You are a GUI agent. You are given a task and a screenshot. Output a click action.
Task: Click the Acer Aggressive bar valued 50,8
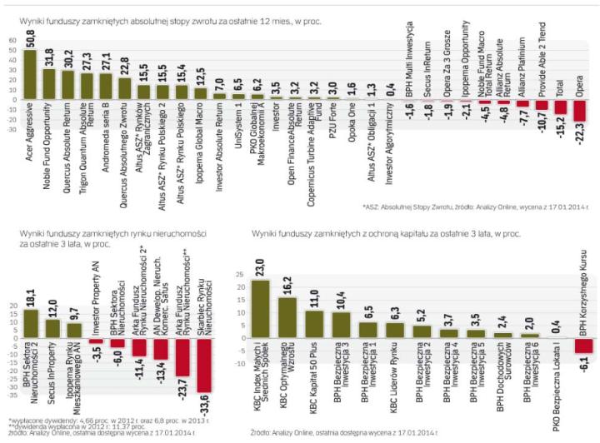pyautogui.click(x=30, y=74)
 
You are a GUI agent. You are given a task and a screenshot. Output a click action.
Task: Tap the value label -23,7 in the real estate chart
pyautogui.click(x=181, y=384)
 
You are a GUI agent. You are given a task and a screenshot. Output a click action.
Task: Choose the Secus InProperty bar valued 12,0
pyautogui.click(x=52, y=328)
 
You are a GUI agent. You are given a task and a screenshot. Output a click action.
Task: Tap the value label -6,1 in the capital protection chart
pyautogui.click(x=582, y=361)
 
